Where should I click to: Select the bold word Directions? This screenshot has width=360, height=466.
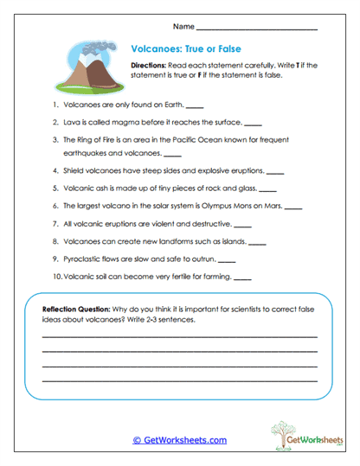153,66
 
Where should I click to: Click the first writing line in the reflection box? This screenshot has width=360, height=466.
179,335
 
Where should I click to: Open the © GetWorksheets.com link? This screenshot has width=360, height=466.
180,440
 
